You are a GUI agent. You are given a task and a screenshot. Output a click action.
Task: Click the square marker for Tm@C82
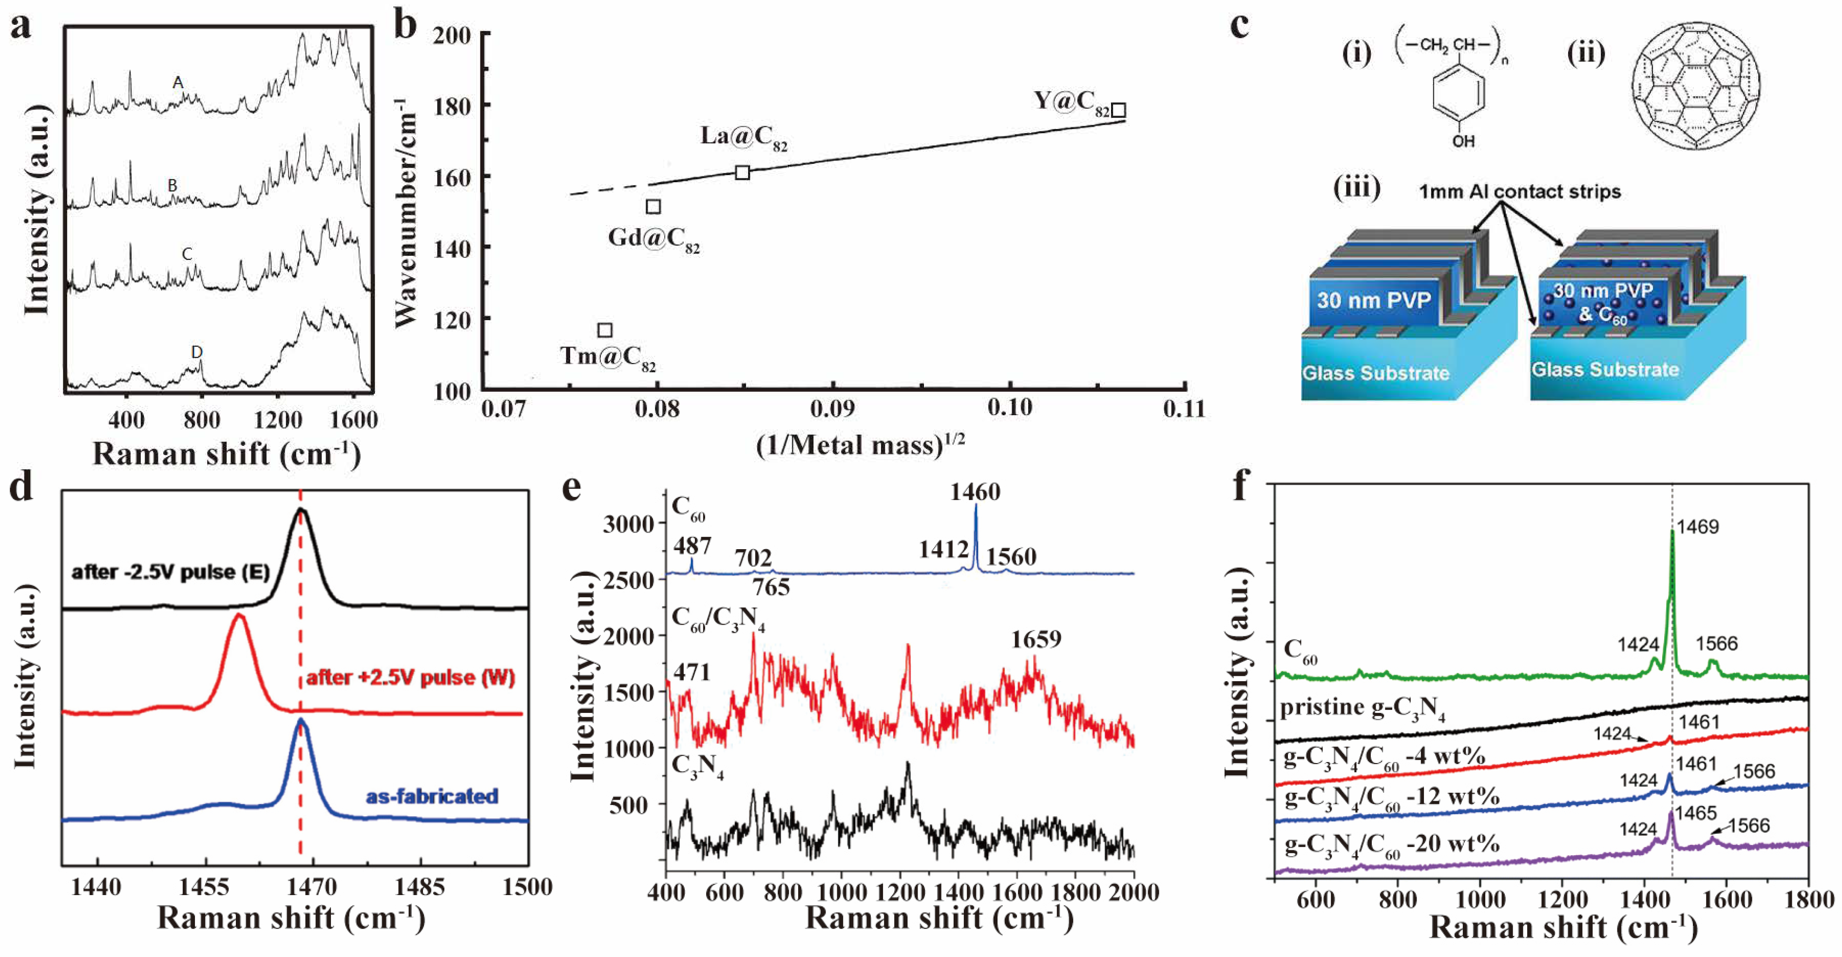point(605,330)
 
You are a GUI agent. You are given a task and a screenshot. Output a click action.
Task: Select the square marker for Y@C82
point(1118,110)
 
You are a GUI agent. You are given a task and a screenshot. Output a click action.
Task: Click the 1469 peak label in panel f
point(1698,527)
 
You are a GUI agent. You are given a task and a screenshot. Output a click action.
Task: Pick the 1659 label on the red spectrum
point(1036,639)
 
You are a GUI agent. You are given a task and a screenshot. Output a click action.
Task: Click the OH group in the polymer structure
point(1463,141)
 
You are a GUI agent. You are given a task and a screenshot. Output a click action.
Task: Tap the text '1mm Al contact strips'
point(1519,191)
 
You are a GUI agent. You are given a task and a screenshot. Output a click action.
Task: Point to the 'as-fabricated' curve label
point(432,796)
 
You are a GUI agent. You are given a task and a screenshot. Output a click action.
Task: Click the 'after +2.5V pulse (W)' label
point(410,677)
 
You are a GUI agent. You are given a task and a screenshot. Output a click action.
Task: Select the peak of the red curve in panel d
point(240,616)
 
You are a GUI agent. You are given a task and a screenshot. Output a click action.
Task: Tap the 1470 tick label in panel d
point(312,888)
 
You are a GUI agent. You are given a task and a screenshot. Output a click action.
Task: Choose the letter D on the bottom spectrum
point(197,352)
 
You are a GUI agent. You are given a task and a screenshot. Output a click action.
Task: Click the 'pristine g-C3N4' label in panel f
point(1362,708)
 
